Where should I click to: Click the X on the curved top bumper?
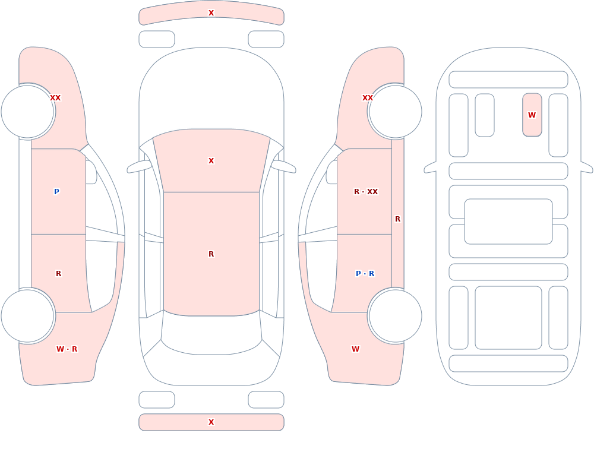point(211,13)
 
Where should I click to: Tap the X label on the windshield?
point(211,161)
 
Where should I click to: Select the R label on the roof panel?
point(211,254)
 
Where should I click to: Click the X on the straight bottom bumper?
point(211,422)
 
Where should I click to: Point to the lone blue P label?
point(56,191)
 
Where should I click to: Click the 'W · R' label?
point(67,349)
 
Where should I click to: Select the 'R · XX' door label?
point(365,191)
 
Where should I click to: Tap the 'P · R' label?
point(365,273)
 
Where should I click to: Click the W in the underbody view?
point(532,115)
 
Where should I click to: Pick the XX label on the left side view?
point(55,98)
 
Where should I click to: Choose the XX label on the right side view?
point(368,98)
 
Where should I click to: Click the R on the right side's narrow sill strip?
point(397,219)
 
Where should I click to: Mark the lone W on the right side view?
point(355,349)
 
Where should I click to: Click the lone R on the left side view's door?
point(58,273)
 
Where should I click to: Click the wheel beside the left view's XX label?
point(28,112)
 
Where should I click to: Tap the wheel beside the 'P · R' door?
point(395,315)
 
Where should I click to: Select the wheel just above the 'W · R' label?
point(28,315)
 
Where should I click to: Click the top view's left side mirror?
point(138,167)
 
